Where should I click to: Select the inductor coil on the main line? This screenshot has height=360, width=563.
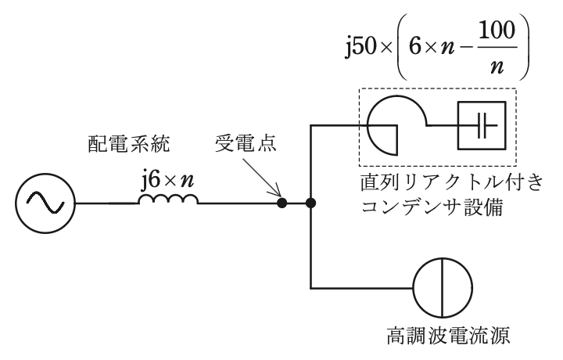coord(168,199)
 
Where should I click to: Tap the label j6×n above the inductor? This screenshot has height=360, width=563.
coord(167,180)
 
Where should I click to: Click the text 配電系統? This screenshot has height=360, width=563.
coord(128,144)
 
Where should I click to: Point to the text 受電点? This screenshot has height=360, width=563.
coord(246,144)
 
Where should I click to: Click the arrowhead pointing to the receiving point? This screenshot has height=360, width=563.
coord(277,193)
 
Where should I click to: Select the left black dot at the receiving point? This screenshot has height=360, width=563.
coord(282,203)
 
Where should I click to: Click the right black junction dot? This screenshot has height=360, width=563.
coord(310,203)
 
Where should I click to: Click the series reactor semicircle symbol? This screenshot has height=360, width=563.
coord(396,96)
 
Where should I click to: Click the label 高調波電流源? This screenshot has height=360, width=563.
coord(448,336)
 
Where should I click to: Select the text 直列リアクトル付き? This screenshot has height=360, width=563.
coord(452,182)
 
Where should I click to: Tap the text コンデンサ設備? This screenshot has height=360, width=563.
coord(432,207)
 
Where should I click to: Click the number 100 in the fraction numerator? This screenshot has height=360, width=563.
coord(497,31)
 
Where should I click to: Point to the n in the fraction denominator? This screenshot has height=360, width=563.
coord(497,67)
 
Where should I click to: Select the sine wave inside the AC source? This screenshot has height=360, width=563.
coord(45,203)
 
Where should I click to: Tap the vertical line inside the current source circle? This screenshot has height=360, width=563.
coord(442,288)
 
